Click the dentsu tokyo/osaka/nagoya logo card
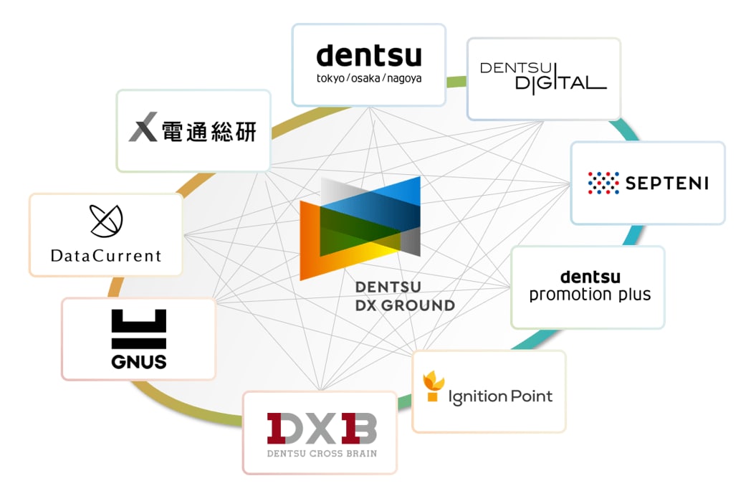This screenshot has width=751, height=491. coord(368,65)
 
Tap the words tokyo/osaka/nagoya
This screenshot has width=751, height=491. coord(369,77)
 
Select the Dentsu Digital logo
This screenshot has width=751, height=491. coord(543,76)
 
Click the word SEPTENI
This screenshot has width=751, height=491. coord(666,183)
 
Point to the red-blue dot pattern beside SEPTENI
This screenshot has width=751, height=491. coord(603,183)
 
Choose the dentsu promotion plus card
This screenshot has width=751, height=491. coord(588,287)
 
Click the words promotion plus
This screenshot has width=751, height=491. coord(590,295)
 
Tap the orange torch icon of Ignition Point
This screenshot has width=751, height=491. coord(431,387)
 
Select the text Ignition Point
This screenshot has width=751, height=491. coord(500,396)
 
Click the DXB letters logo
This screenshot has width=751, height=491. coord(321,429)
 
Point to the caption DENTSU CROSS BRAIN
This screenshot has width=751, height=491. coord(322,453)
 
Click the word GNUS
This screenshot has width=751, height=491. coord(139,361)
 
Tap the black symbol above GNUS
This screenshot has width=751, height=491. coord(139,329)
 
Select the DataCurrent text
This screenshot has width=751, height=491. coord(106,255)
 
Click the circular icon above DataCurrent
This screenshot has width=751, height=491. coord(106,221)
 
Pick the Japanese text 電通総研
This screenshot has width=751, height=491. coord(209,131)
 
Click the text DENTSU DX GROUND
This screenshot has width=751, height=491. coord(405,296)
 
